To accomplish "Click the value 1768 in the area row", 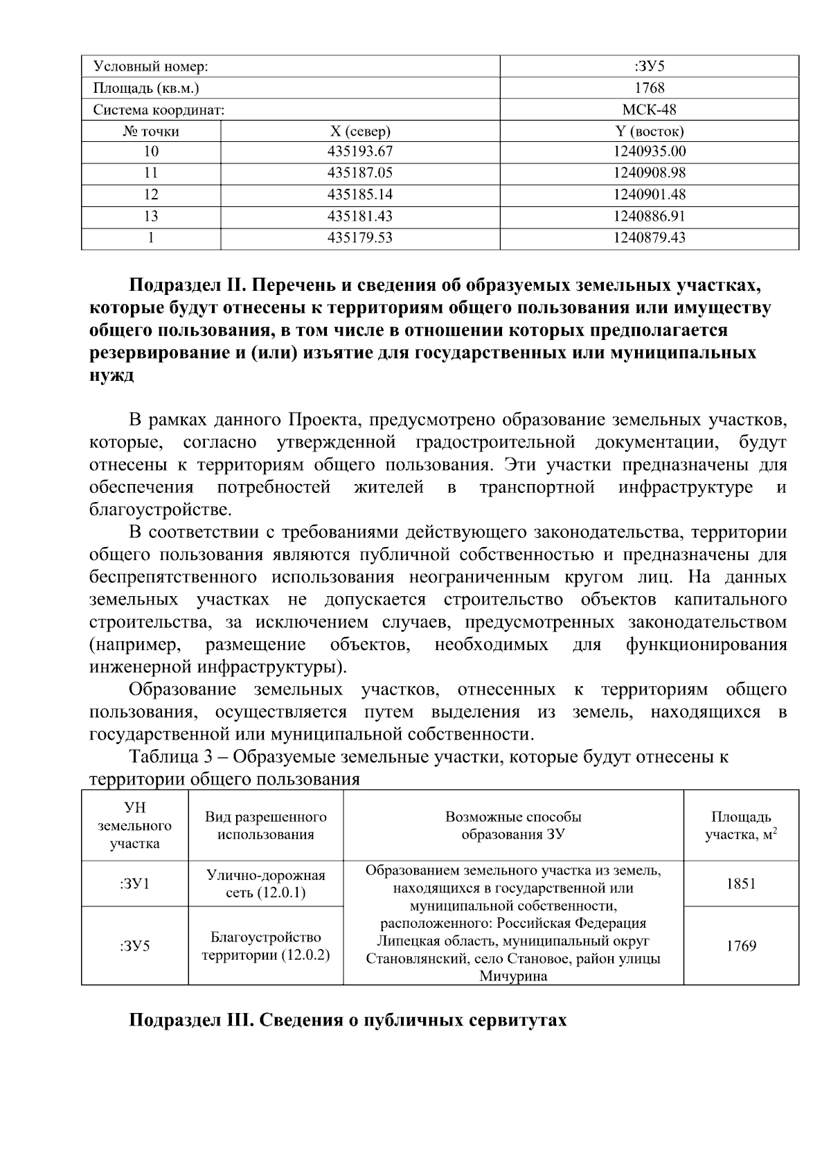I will click(x=649, y=88).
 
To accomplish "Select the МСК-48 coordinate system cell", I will click(x=649, y=109).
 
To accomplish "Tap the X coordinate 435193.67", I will click(x=359, y=152).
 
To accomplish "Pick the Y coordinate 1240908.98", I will click(x=649, y=173).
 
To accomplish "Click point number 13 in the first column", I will click(x=151, y=216).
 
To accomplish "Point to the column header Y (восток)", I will click(x=649, y=131).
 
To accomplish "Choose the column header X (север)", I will click(x=359, y=131).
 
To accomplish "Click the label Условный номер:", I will click(x=151, y=66).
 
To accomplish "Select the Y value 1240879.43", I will click(x=649, y=237).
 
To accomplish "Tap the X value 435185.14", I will click(x=359, y=195).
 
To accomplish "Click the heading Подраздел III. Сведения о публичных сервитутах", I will click(x=348, y=1020).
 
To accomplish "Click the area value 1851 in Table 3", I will click(x=740, y=884).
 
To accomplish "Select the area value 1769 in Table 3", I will click(x=740, y=946).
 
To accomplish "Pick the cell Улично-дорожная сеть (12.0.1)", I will click(x=266, y=884).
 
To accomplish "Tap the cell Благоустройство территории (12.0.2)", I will click(x=266, y=946).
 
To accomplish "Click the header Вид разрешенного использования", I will click(x=266, y=825).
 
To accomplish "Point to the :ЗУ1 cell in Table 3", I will click(x=134, y=884).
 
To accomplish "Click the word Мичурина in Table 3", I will click(x=513, y=977).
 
